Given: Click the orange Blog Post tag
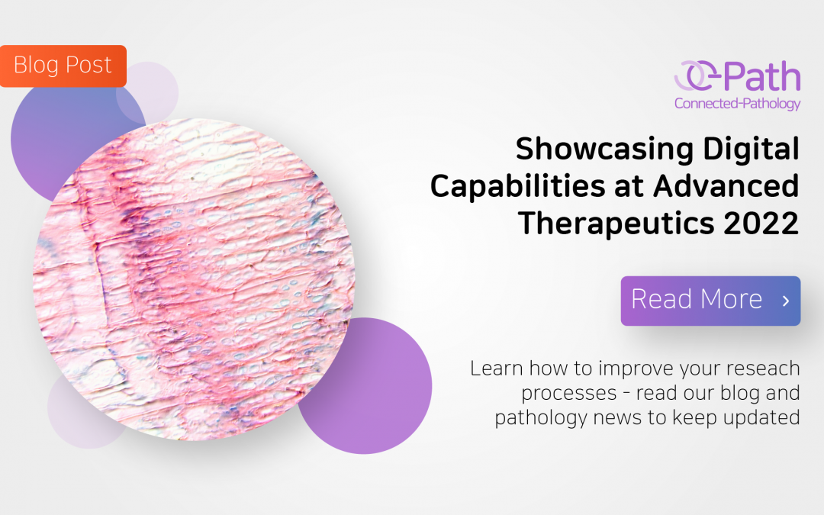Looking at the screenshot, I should pos(63,66).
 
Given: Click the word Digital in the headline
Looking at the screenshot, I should pos(751,149).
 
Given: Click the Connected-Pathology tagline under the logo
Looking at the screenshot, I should pos(737,103).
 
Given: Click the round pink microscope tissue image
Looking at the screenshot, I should pos(195,278).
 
